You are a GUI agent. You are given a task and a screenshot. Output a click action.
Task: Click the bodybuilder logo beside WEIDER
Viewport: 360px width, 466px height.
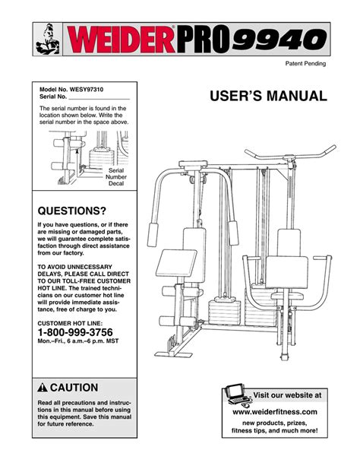[x=48, y=38]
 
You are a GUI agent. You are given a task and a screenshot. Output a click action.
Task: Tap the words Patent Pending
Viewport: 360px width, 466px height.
[x=305, y=64]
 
